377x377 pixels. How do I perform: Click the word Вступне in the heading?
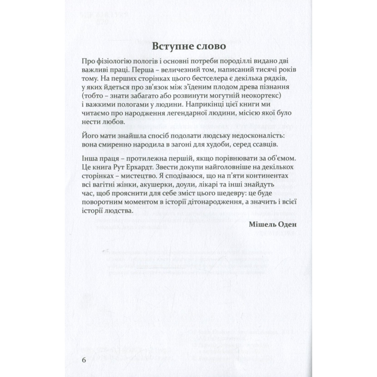[168, 47]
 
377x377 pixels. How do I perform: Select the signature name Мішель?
[262, 225]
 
